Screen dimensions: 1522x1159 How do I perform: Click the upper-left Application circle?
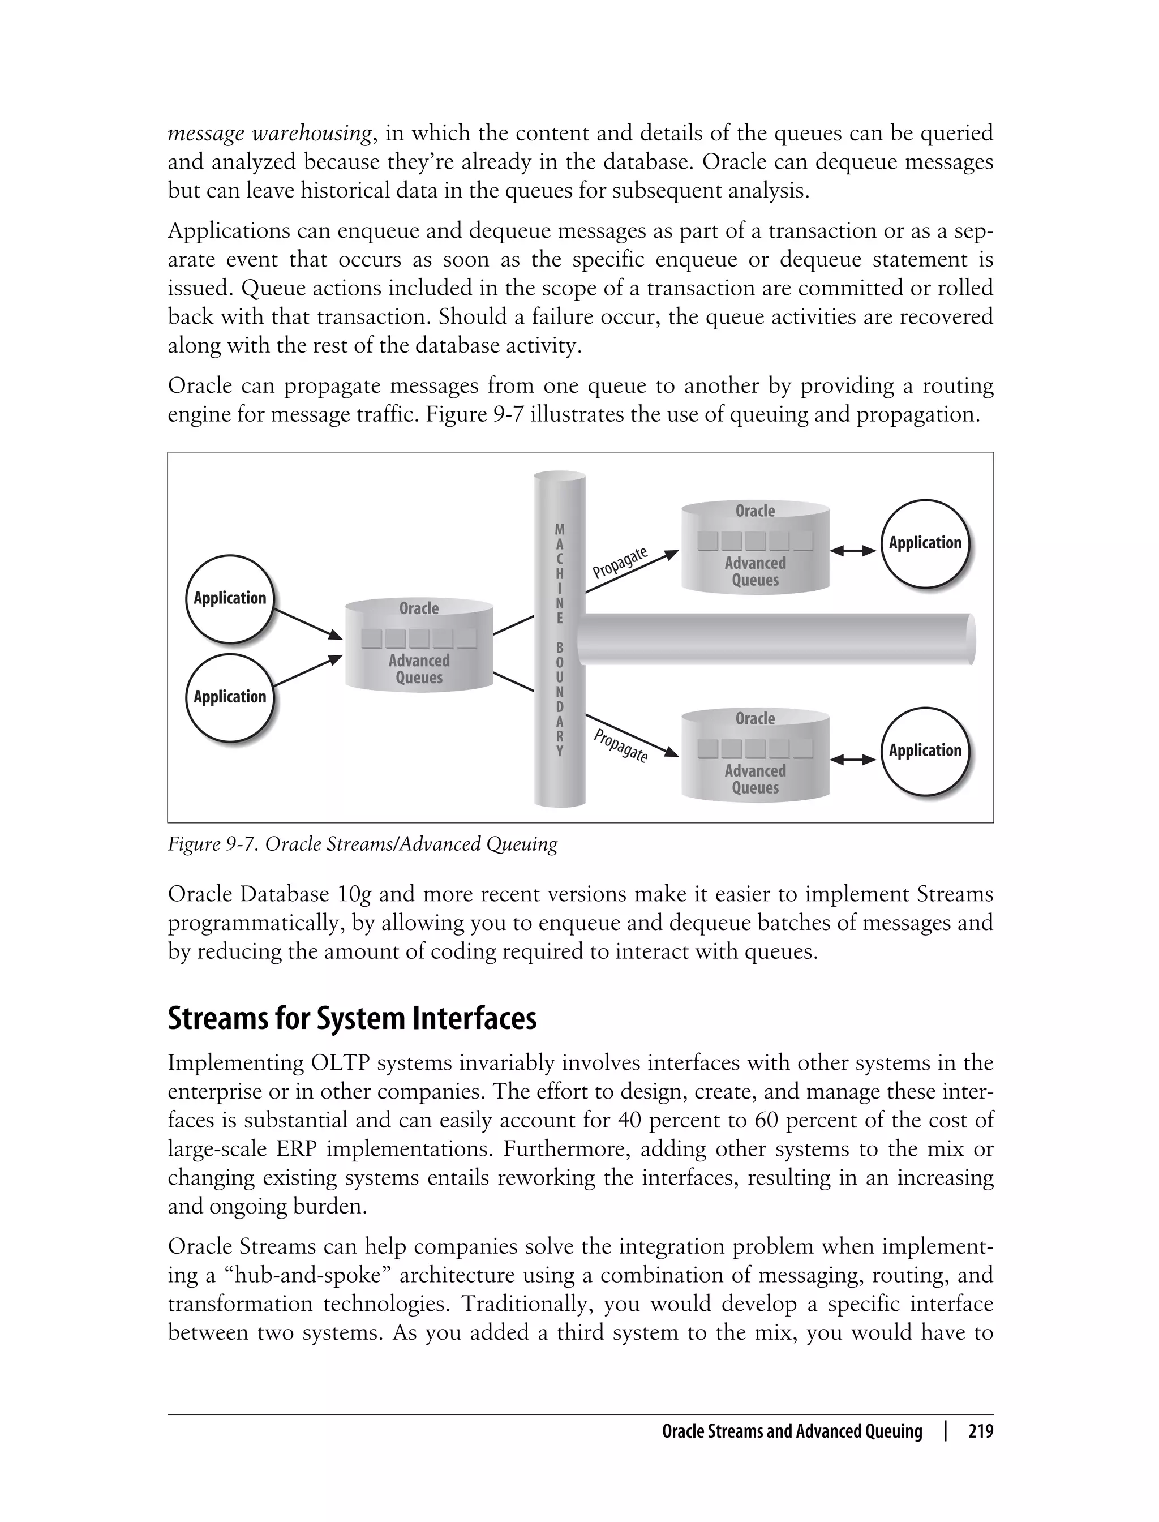(229, 598)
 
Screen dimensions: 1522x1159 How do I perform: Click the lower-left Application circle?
(229, 697)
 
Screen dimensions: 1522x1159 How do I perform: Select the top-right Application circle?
(925, 543)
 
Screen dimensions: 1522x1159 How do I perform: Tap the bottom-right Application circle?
(925, 751)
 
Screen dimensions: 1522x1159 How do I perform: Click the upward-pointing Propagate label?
(620, 562)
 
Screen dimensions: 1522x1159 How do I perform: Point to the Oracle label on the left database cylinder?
(419, 608)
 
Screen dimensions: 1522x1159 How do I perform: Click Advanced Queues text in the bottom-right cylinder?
(755, 779)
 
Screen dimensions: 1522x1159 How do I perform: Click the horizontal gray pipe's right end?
(970, 639)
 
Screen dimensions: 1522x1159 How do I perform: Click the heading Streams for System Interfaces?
(352, 1019)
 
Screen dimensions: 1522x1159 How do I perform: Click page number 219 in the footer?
(980, 1431)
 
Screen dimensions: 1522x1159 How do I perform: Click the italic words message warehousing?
(270, 133)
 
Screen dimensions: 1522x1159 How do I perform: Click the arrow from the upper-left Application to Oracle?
(308, 624)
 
